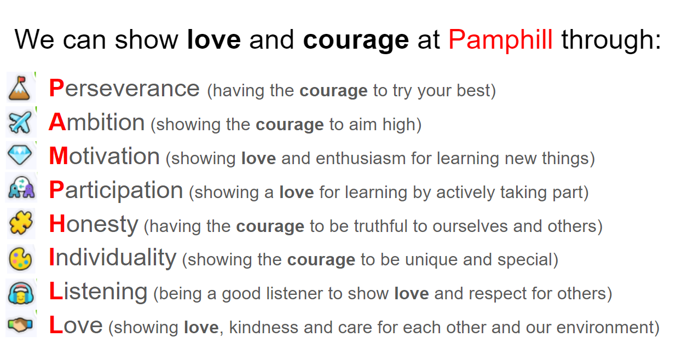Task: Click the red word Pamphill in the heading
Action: (x=501, y=40)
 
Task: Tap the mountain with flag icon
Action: (x=20, y=88)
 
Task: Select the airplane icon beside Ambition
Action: (x=20, y=123)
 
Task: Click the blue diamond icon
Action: (x=20, y=155)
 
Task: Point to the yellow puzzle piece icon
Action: (x=21, y=223)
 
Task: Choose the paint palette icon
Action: (x=20, y=259)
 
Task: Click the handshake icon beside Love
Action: (x=20, y=324)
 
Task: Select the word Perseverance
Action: (x=124, y=89)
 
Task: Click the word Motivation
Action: (x=105, y=156)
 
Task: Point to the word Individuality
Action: (x=113, y=258)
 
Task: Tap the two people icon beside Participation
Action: (x=21, y=187)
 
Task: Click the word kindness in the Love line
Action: (x=263, y=327)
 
